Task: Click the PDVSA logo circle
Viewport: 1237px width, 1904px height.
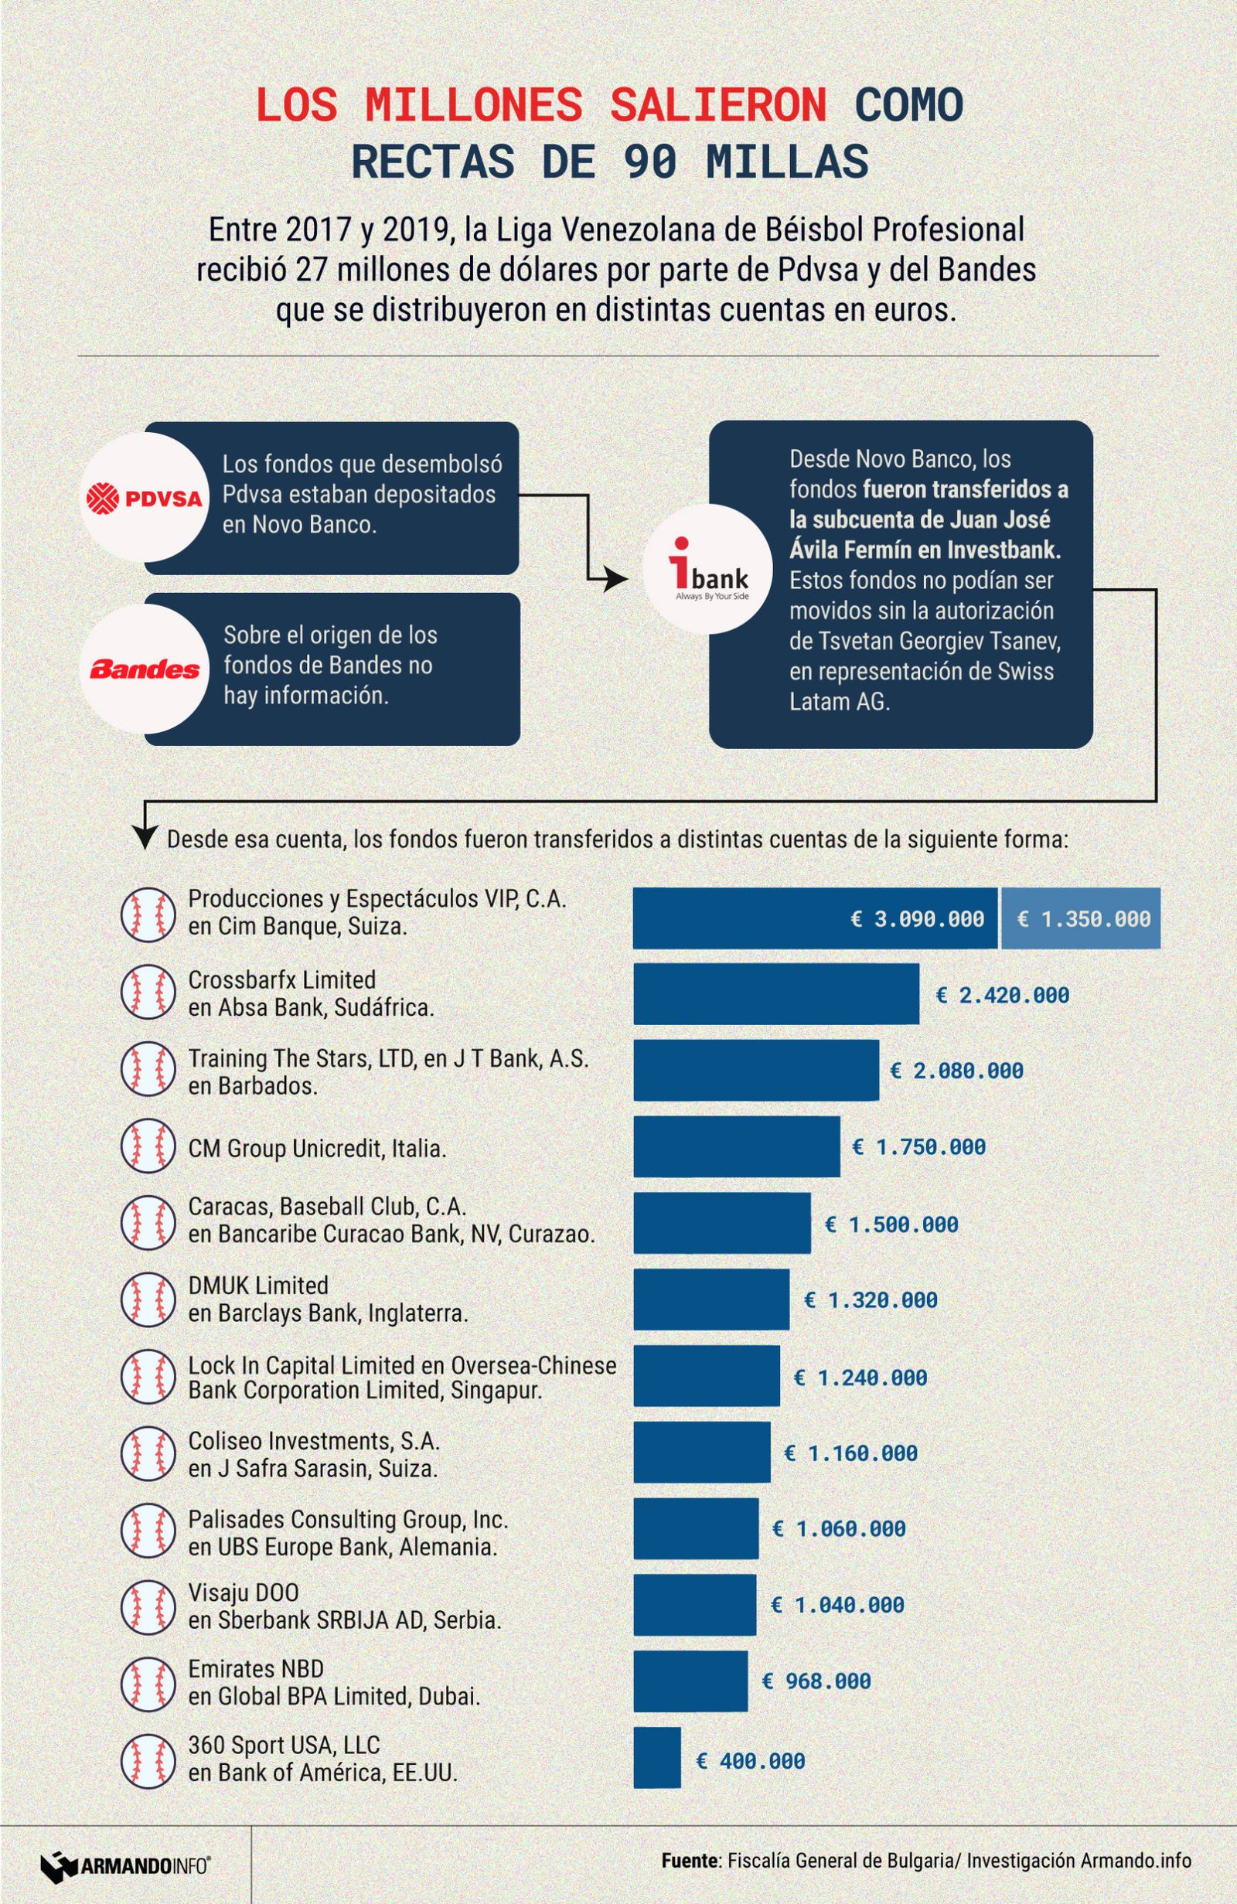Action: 144,498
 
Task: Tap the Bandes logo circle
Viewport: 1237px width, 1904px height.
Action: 144,669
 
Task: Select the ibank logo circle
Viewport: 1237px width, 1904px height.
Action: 707,569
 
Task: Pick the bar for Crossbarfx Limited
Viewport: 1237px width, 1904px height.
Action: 775,993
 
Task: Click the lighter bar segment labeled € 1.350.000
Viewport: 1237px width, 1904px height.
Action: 1080,918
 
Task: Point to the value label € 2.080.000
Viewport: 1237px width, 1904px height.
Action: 957,1071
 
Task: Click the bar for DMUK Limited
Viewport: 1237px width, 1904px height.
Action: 711,1299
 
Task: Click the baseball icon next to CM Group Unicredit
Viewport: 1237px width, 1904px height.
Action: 148,1146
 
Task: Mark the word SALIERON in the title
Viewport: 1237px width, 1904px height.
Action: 717,106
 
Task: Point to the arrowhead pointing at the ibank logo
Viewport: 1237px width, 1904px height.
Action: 615,579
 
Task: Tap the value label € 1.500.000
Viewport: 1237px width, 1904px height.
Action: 892,1224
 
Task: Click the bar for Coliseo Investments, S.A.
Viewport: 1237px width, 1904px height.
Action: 702,1452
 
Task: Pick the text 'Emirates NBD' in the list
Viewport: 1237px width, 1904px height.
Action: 256,1668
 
